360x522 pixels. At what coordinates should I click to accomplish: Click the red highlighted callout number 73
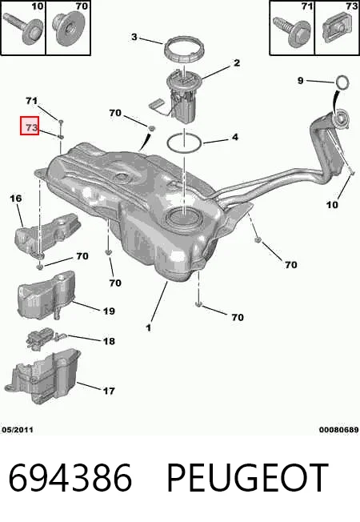[30, 126]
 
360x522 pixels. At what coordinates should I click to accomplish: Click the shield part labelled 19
[46, 295]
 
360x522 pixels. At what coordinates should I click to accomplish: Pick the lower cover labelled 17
[42, 376]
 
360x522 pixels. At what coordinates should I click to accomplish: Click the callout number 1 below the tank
[148, 327]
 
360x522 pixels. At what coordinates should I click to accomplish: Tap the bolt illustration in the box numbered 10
[24, 27]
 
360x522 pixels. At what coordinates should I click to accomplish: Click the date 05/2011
[18, 430]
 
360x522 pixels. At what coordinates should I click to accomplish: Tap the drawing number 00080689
[339, 430]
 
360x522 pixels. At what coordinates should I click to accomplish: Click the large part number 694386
[70, 478]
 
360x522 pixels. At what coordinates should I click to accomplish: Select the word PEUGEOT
[248, 478]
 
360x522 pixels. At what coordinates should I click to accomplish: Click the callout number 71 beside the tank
[32, 100]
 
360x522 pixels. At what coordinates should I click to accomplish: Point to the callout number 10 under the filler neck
[332, 204]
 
